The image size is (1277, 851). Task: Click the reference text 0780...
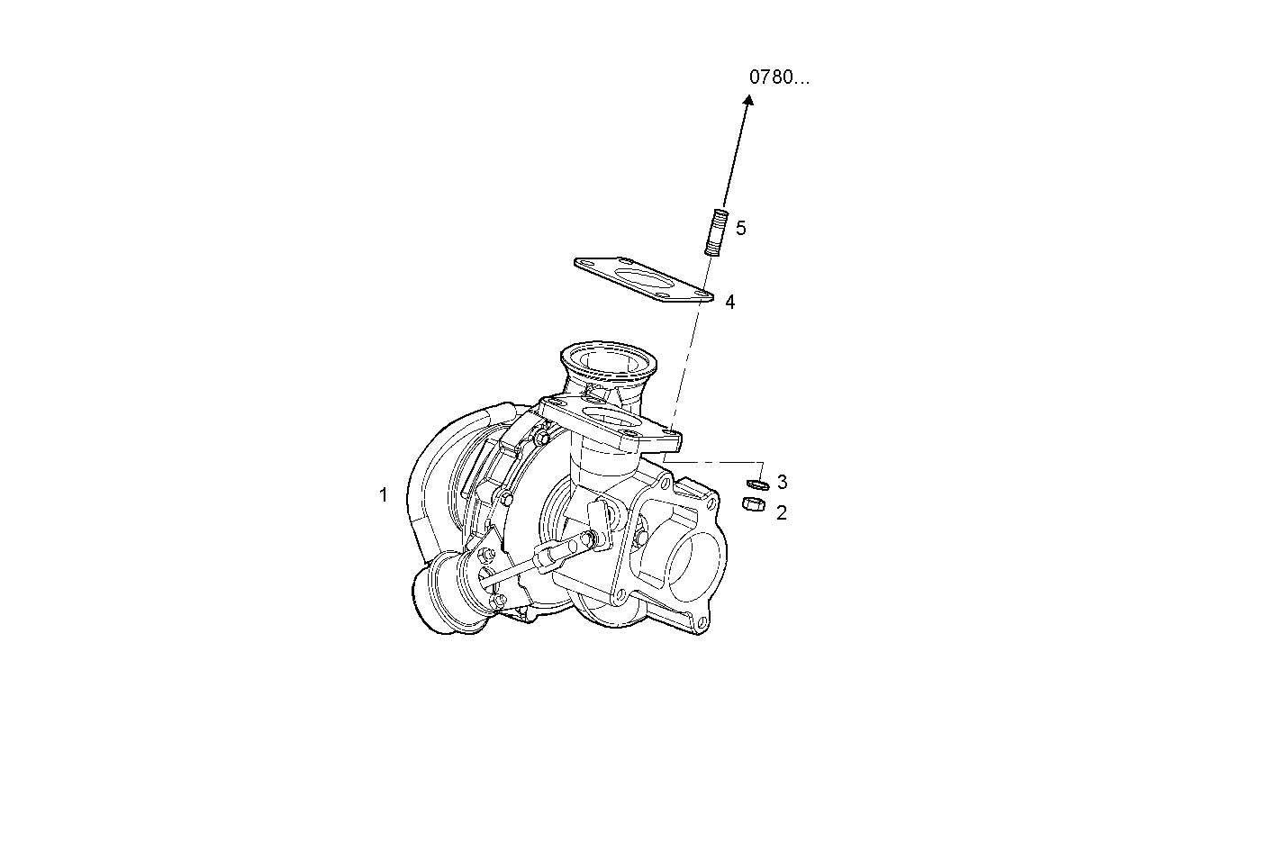point(779,77)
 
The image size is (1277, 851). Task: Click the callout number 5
point(741,229)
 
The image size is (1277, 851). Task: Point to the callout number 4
point(730,303)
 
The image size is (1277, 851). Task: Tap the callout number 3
point(782,483)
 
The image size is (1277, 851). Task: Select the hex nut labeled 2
point(753,505)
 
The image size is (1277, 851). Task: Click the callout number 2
point(781,513)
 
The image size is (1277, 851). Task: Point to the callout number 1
point(383,495)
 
